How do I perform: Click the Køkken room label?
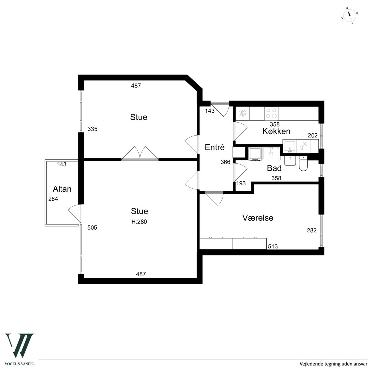pyautogui.click(x=276, y=131)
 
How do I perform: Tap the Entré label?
pyautogui.click(x=215, y=147)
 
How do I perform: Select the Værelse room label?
pyautogui.click(x=258, y=218)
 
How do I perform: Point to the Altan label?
pyautogui.click(x=62, y=189)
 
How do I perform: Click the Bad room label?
pyautogui.click(x=274, y=168)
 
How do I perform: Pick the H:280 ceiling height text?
pyautogui.click(x=139, y=222)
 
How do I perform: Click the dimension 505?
pyautogui.click(x=92, y=228)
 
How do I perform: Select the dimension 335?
pyautogui.click(x=92, y=129)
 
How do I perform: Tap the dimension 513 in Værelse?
pyautogui.click(x=273, y=246)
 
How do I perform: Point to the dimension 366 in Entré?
pyautogui.click(x=225, y=162)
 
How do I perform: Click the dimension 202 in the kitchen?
pyautogui.click(x=313, y=135)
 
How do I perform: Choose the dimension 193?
pyautogui.click(x=241, y=183)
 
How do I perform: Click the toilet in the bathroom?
pyautogui.click(x=303, y=164)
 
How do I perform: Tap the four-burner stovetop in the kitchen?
pyautogui.click(x=271, y=113)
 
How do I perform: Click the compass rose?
pyautogui.click(x=350, y=16)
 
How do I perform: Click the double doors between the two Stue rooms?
pyautogui.click(x=140, y=154)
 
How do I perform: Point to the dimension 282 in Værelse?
pyautogui.click(x=312, y=230)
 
